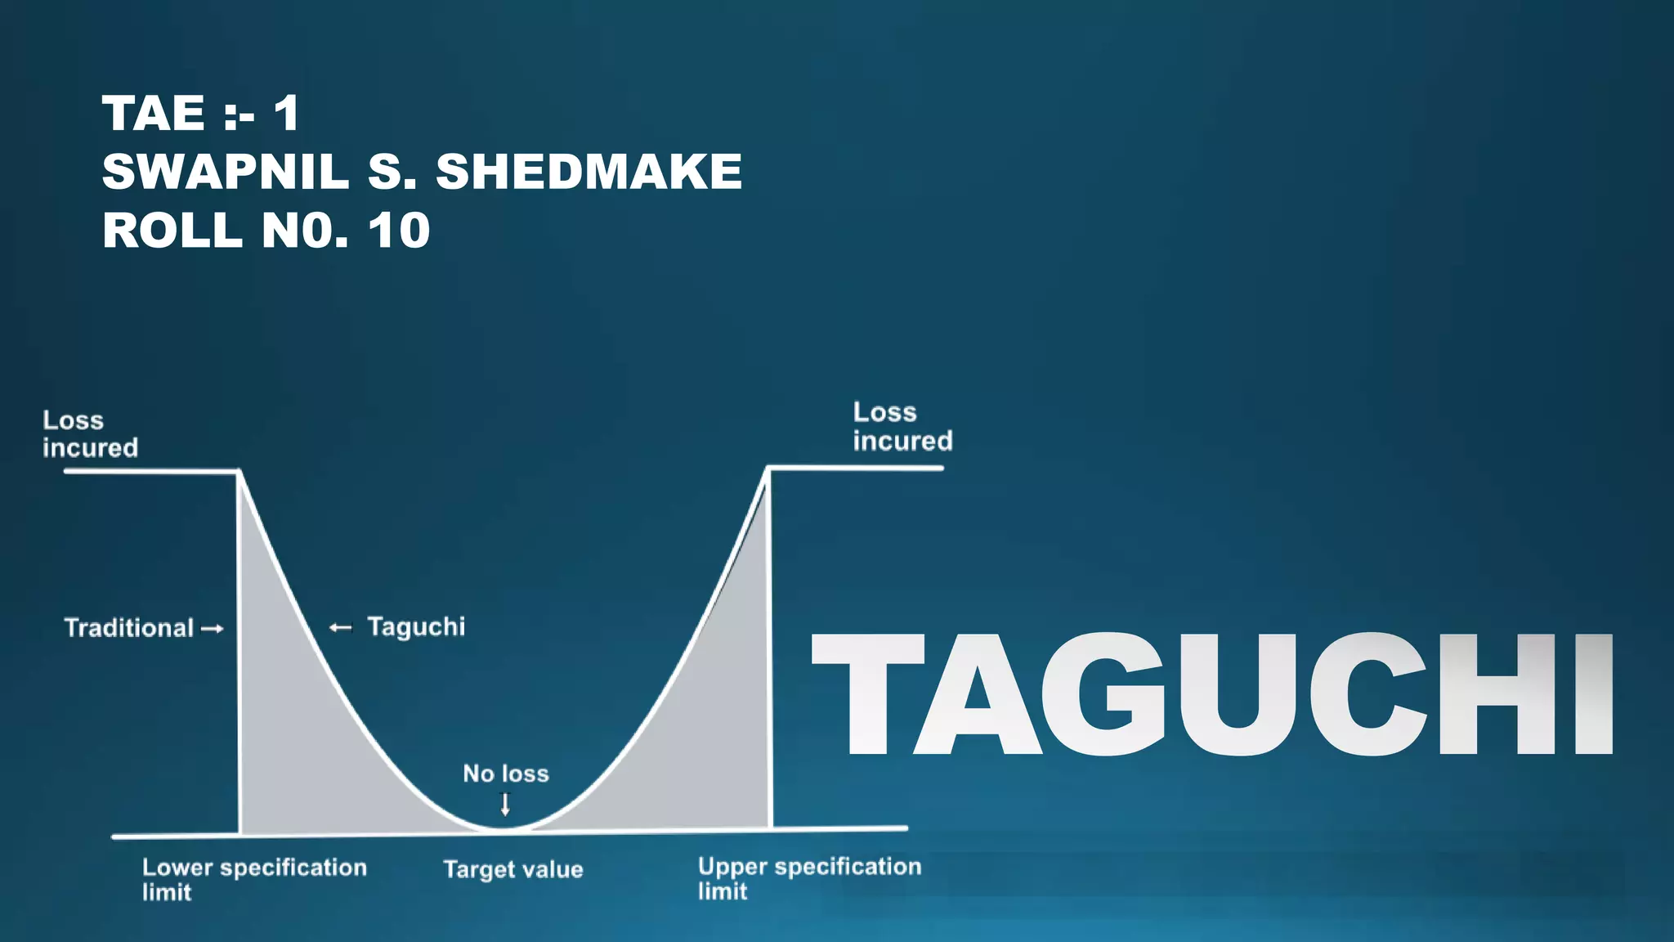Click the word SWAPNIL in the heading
point(225,172)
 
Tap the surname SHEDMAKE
point(589,172)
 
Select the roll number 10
point(399,231)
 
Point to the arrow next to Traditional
point(212,629)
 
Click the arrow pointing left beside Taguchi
point(340,628)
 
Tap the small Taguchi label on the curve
point(416,626)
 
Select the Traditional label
point(128,628)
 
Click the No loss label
point(506,774)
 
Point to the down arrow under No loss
point(505,805)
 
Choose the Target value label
point(513,869)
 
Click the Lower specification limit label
point(254,879)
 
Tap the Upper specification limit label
point(809,878)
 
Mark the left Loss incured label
point(90,434)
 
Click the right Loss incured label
point(902,427)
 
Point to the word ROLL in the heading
point(172,231)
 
